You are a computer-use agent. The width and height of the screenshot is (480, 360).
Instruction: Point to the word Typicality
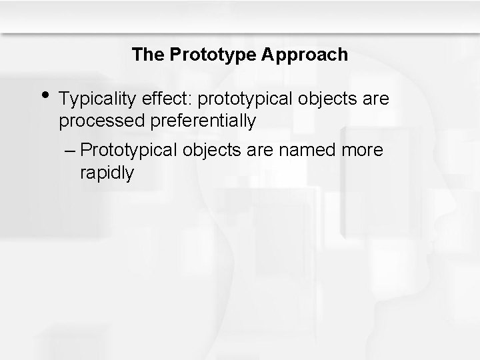pos(97,99)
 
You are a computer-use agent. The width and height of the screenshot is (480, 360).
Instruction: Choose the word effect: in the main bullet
pos(165,99)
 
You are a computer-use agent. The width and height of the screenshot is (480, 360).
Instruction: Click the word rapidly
pos(106,173)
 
